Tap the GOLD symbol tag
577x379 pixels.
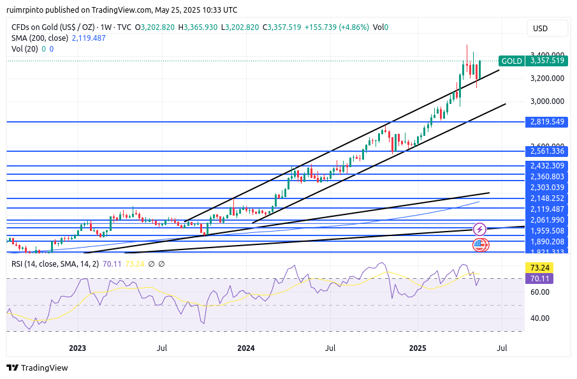pyautogui.click(x=511, y=61)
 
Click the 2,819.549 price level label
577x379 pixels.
pyautogui.click(x=547, y=121)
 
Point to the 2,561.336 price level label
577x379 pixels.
pyautogui.click(x=547, y=151)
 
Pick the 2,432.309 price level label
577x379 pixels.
pyautogui.click(x=547, y=166)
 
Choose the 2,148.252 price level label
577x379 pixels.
pyautogui.click(x=547, y=198)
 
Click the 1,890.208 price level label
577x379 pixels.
pyautogui.click(x=547, y=242)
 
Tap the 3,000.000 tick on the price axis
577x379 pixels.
pyautogui.click(x=547, y=101)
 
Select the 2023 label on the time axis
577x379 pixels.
pyautogui.click(x=77, y=348)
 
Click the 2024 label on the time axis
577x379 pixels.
pyautogui.click(x=245, y=348)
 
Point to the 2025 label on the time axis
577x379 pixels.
pyautogui.click(x=418, y=348)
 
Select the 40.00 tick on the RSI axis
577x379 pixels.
pyautogui.click(x=540, y=318)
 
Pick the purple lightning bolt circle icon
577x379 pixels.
pyautogui.click(x=479, y=229)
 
